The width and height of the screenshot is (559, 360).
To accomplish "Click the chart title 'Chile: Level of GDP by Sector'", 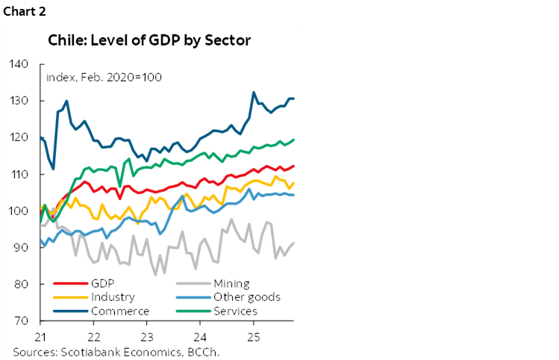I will pos(149,40).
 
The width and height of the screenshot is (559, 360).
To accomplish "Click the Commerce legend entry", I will pos(119,311).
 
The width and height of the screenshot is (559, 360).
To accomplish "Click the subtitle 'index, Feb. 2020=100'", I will pos(104,78).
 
